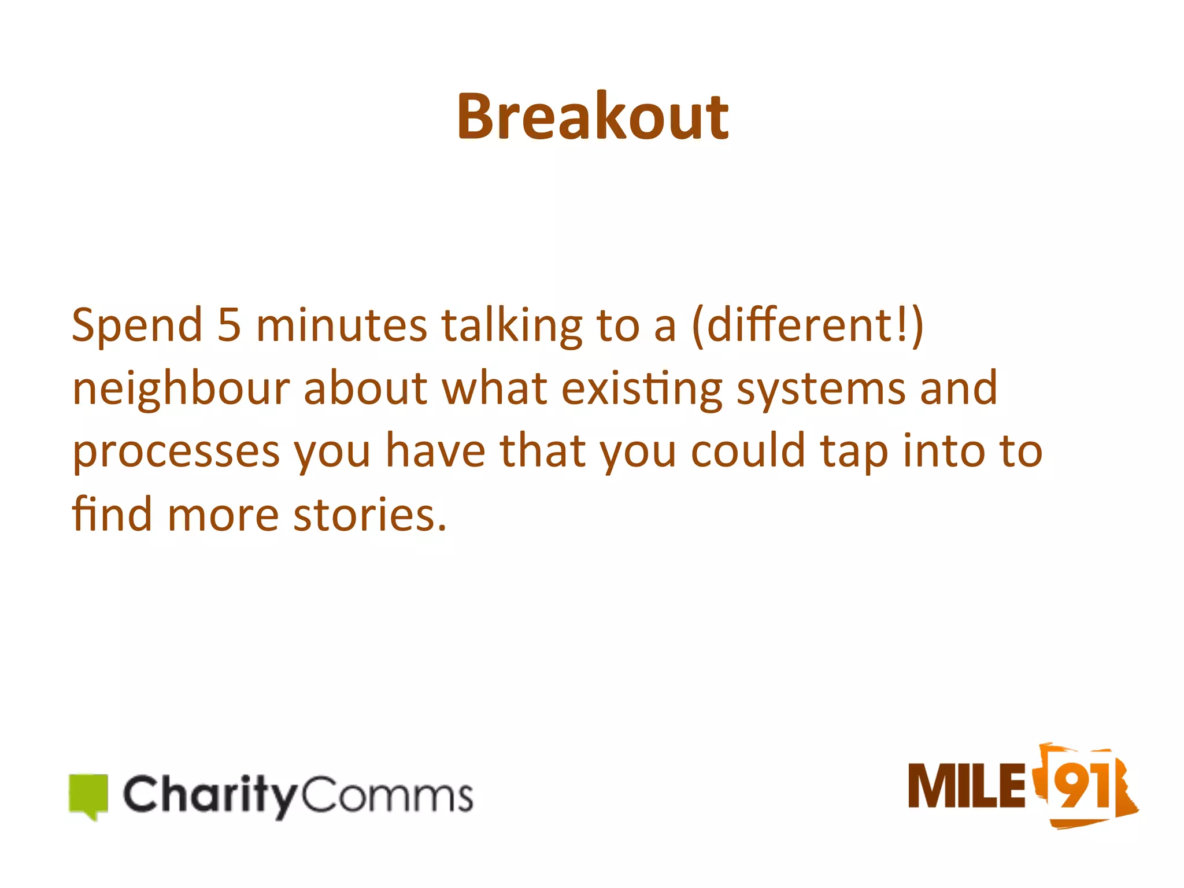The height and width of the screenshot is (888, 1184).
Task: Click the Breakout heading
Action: [x=592, y=117]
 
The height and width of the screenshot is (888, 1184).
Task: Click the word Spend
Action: [x=137, y=326]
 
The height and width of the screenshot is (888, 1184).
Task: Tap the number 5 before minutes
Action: [x=229, y=325]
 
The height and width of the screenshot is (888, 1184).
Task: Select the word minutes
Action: [x=342, y=326]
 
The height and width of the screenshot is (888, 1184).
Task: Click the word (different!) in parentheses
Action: [x=808, y=326]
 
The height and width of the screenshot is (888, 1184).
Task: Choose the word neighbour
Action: [x=180, y=390]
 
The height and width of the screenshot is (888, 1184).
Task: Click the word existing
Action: [x=642, y=390]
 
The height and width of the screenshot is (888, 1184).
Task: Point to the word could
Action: [x=748, y=451]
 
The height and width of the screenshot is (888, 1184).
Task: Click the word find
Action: [x=112, y=513]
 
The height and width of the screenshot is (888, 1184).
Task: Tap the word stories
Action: [x=370, y=515]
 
